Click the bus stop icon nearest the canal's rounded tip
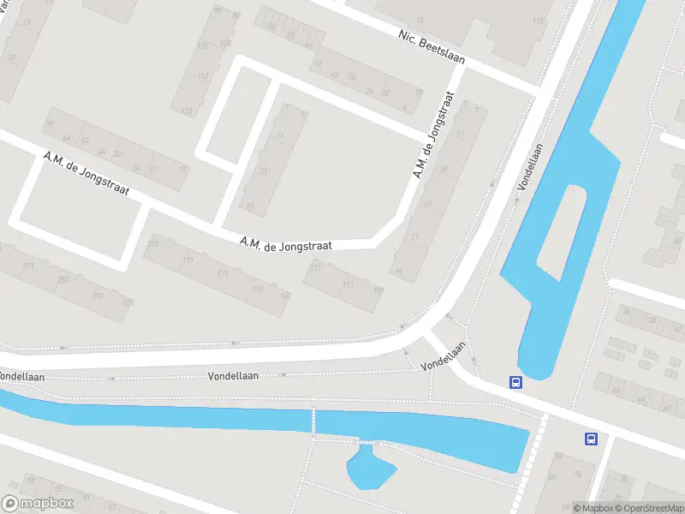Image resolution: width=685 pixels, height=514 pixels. [x=516, y=383]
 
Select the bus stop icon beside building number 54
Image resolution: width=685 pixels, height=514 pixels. [x=591, y=439]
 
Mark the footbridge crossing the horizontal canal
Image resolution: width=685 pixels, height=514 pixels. [x=313, y=421]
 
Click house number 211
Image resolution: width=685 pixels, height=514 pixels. [x=153, y=245]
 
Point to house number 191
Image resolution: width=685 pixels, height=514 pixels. [x=188, y=260]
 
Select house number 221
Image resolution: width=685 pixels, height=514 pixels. [x=128, y=303]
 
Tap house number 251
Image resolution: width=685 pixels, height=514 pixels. [x=63, y=280]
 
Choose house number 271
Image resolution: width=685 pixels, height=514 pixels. [x=28, y=266]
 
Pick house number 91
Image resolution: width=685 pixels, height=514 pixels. [x=399, y=272]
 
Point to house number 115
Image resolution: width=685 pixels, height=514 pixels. [x=538, y=21]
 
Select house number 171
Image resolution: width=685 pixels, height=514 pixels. [x=223, y=274]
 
